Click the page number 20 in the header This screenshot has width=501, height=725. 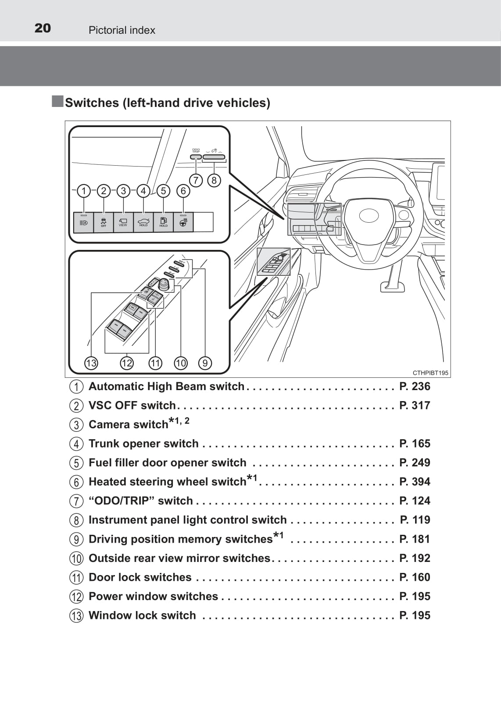(43, 28)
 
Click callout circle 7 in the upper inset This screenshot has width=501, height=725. (196, 180)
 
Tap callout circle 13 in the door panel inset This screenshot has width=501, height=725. (91, 363)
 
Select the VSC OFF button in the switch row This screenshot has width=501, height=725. (104, 222)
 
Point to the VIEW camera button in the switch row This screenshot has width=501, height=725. (123, 222)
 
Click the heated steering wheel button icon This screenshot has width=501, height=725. (183, 222)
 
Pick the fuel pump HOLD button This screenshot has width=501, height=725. (163, 222)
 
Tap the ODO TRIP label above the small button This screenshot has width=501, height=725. (196, 150)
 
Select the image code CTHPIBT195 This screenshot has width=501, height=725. (430, 373)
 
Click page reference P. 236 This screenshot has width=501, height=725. (415, 386)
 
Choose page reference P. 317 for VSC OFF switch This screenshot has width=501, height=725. (415, 405)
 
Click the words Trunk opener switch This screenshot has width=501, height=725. (143, 444)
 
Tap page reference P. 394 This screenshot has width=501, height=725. (415, 482)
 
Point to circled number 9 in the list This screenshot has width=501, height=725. (76, 539)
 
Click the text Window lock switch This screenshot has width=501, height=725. (142, 615)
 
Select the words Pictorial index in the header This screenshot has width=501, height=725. (122, 30)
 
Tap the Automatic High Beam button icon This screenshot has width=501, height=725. (83, 222)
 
